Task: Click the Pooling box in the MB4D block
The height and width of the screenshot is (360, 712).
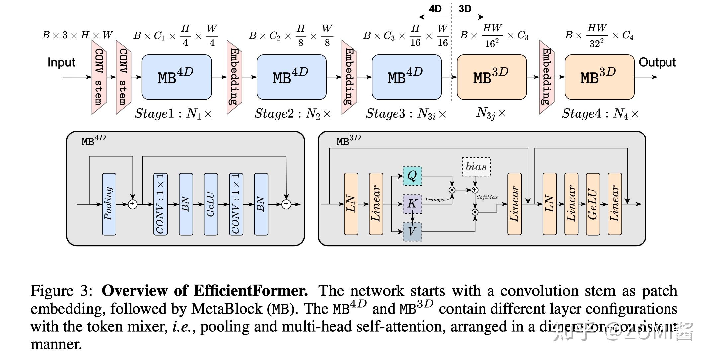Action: pyautogui.click(x=109, y=204)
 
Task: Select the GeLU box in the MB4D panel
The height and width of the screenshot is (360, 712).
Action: pyautogui.click(x=211, y=204)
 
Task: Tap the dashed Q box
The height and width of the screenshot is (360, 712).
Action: pyautogui.click(x=412, y=176)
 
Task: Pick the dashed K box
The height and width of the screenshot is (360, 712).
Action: pyautogui.click(x=412, y=204)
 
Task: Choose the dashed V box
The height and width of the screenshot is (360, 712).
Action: pyautogui.click(x=412, y=231)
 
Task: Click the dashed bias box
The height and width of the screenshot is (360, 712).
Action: pyautogui.click(x=476, y=167)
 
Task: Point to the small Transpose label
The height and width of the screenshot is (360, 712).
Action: pyautogui.click(x=437, y=200)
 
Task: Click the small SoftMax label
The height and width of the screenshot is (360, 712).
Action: pyautogui.click(x=487, y=197)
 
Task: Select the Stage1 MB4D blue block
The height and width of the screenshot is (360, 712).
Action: pyautogui.click(x=176, y=77)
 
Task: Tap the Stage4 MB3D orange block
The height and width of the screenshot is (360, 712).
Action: pyautogui.click(x=599, y=77)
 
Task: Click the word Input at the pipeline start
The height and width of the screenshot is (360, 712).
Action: pyautogui.click(x=61, y=62)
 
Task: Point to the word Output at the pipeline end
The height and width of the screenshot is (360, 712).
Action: pyautogui.click(x=657, y=62)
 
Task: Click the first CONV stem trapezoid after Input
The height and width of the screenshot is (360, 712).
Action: pyautogui.click(x=99, y=77)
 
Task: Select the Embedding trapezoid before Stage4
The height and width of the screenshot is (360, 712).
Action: pyautogui.click(x=546, y=77)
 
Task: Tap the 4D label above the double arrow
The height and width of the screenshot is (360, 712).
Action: pyautogui.click(x=435, y=9)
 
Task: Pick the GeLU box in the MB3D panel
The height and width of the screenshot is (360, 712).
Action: pyautogui.click(x=593, y=204)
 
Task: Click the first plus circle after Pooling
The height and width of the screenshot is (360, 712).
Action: pyautogui.click(x=133, y=204)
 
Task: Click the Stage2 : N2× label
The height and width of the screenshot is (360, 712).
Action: pyautogui.click(x=293, y=114)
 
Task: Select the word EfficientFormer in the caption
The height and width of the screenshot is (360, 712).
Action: pyautogui.click(x=251, y=291)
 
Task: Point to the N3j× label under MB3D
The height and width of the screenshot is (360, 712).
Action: pyautogui.click(x=491, y=113)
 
